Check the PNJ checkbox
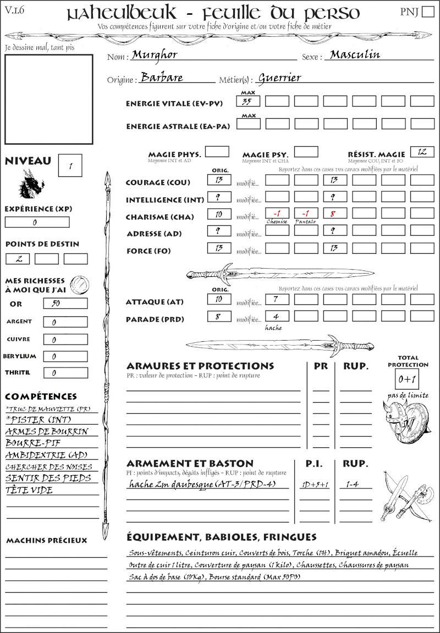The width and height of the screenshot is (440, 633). point(427,12)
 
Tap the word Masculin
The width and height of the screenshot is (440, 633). point(355,54)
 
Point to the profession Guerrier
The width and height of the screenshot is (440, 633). point(279,77)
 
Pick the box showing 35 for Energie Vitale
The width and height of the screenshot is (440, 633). point(248,101)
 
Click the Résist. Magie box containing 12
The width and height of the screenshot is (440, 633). point(422,152)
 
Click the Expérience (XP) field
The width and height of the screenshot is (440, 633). point(37,223)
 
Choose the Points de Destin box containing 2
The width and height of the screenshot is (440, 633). point(18,259)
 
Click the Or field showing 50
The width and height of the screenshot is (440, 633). point(65,303)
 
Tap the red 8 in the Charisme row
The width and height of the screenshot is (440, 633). point(334,213)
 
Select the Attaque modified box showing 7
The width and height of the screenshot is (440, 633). point(277,299)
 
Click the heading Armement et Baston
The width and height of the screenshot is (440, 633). point(190,463)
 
